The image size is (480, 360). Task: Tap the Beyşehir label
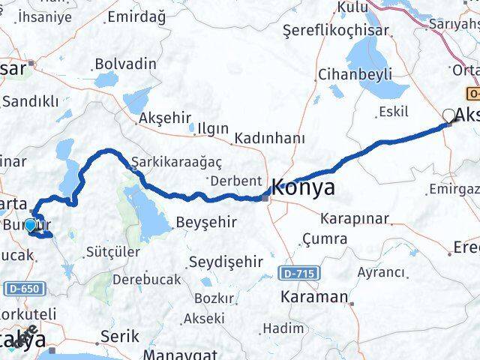pos(206,223)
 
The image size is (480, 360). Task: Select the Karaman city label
pos(313,296)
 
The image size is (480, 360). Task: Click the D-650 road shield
pos(22,288)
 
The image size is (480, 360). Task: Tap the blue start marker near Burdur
pos(30,225)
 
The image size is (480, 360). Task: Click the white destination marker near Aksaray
pos(448,115)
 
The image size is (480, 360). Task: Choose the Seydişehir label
pos(225,262)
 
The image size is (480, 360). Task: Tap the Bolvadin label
pos(124,62)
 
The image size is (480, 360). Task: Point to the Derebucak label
pos(144,279)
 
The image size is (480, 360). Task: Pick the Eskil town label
pos(394,112)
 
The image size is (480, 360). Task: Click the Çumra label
pos(324,239)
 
